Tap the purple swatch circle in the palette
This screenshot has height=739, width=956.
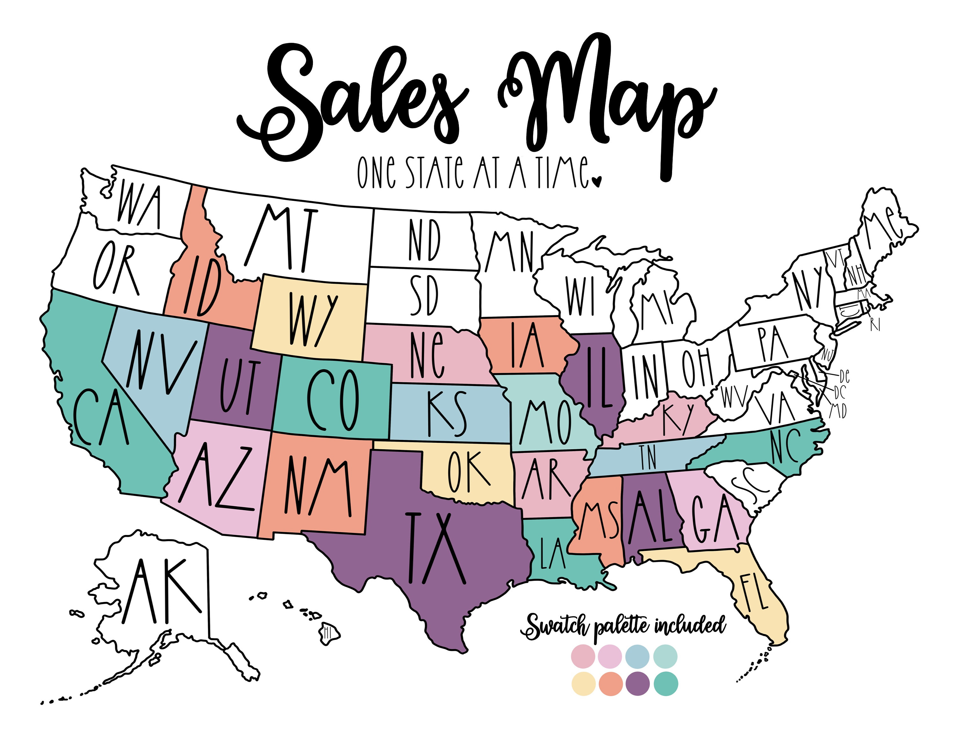point(638,684)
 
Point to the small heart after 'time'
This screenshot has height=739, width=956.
point(596,181)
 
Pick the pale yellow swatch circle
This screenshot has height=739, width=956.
point(583,684)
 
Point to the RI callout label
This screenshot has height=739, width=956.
point(875,325)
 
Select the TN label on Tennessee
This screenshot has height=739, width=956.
point(648,457)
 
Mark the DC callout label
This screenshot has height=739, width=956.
point(840,392)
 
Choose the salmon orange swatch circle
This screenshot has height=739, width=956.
point(611,684)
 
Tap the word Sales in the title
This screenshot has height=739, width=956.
point(350,101)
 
